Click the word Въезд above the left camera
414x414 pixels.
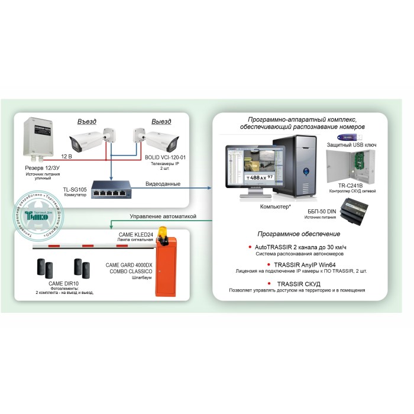tap(88, 122)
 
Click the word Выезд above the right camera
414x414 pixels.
tap(161, 122)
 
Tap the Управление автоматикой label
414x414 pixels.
tap(163, 216)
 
